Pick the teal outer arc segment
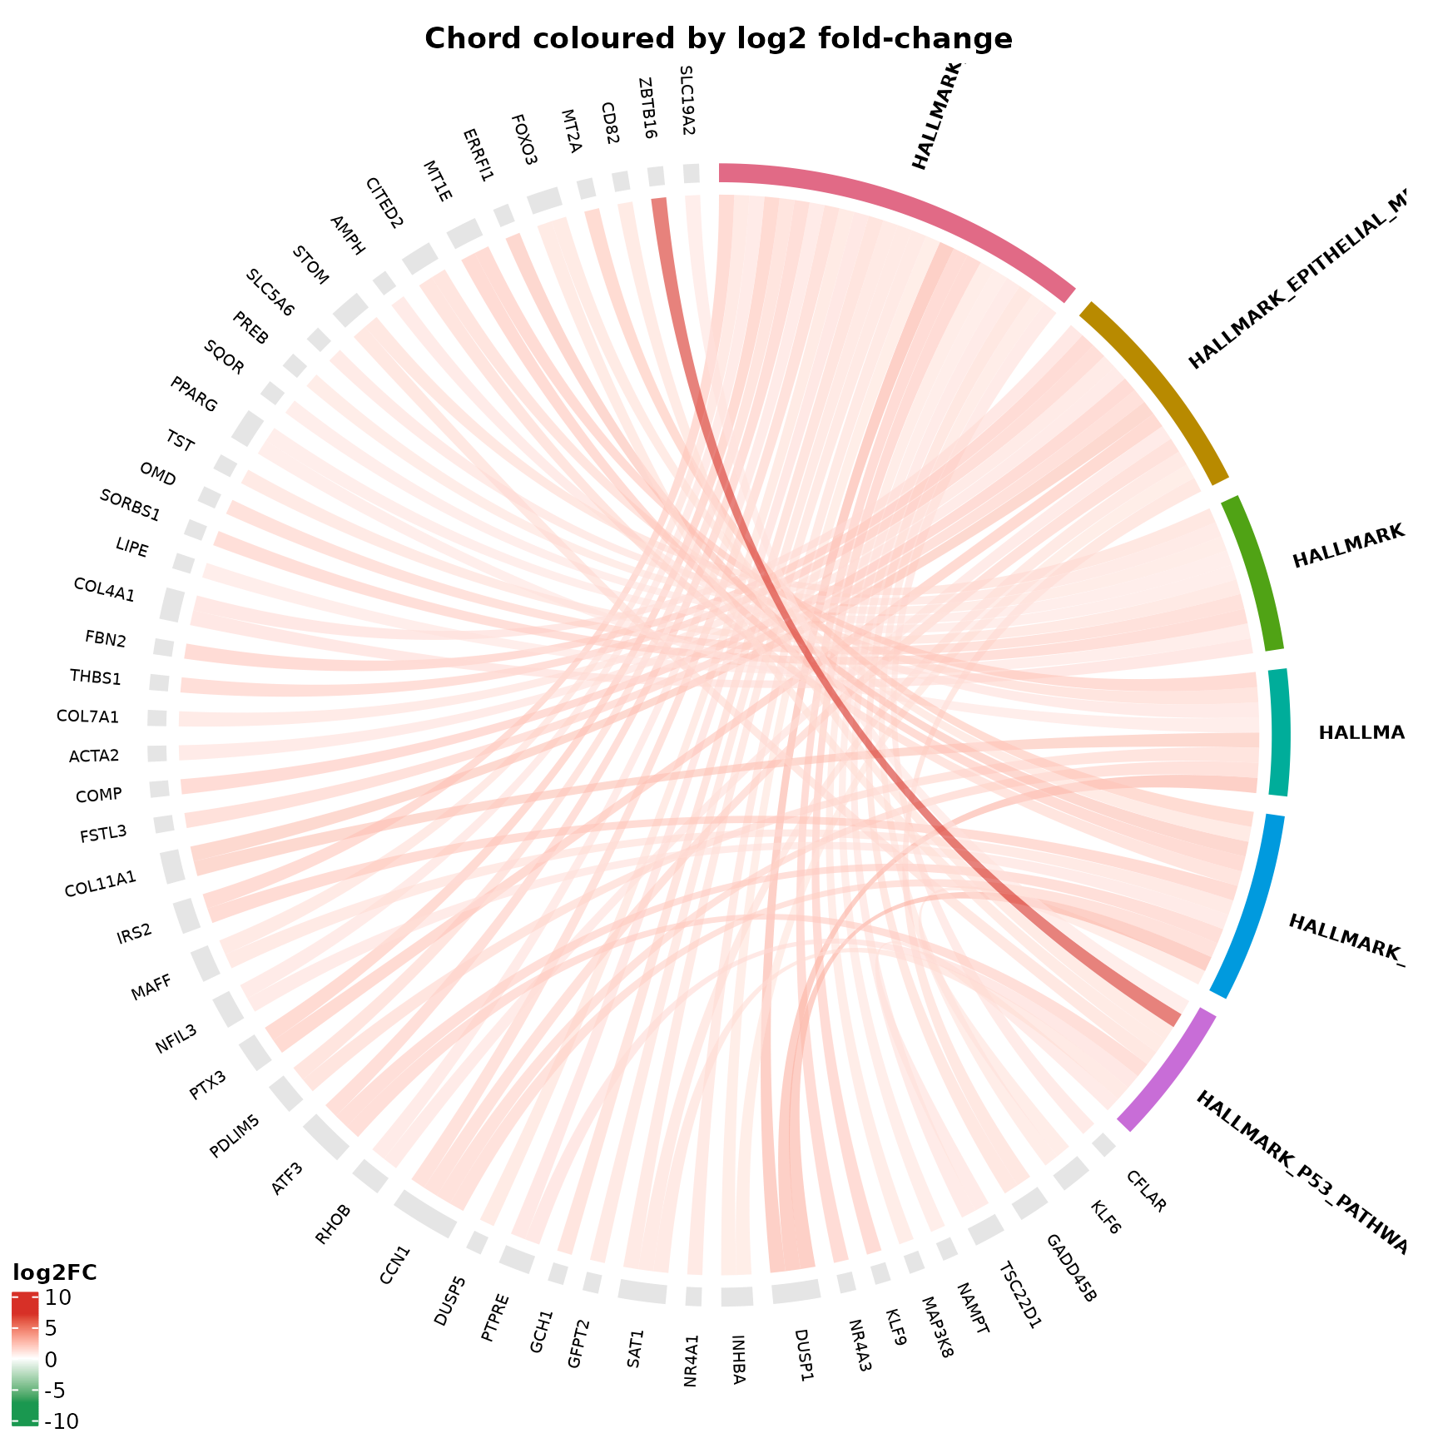(x=1279, y=732)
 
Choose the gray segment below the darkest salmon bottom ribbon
(x=796, y=1291)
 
